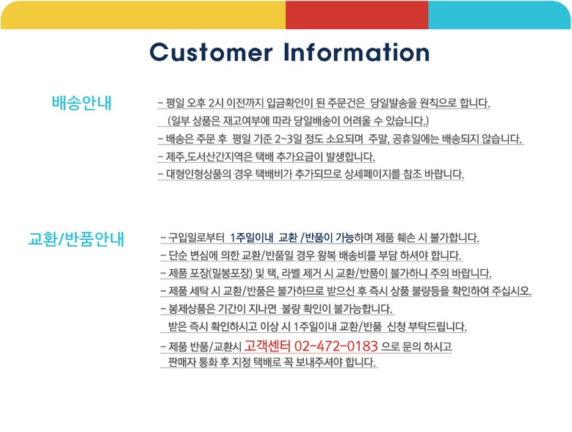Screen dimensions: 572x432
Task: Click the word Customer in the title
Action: (x=211, y=52)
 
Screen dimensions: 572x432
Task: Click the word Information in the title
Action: (x=357, y=52)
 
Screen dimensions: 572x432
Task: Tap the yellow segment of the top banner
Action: (x=143, y=15)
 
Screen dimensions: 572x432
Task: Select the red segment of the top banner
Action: (x=357, y=15)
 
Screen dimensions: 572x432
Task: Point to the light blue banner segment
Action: (x=499, y=15)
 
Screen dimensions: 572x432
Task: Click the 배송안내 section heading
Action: (x=82, y=103)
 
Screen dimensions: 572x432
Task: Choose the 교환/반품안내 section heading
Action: (x=76, y=239)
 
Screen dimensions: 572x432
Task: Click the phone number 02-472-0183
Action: (x=336, y=345)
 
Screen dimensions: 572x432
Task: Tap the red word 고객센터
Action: (x=267, y=345)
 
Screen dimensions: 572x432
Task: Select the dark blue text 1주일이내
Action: (x=252, y=238)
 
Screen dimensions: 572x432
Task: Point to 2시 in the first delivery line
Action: (x=216, y=103)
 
